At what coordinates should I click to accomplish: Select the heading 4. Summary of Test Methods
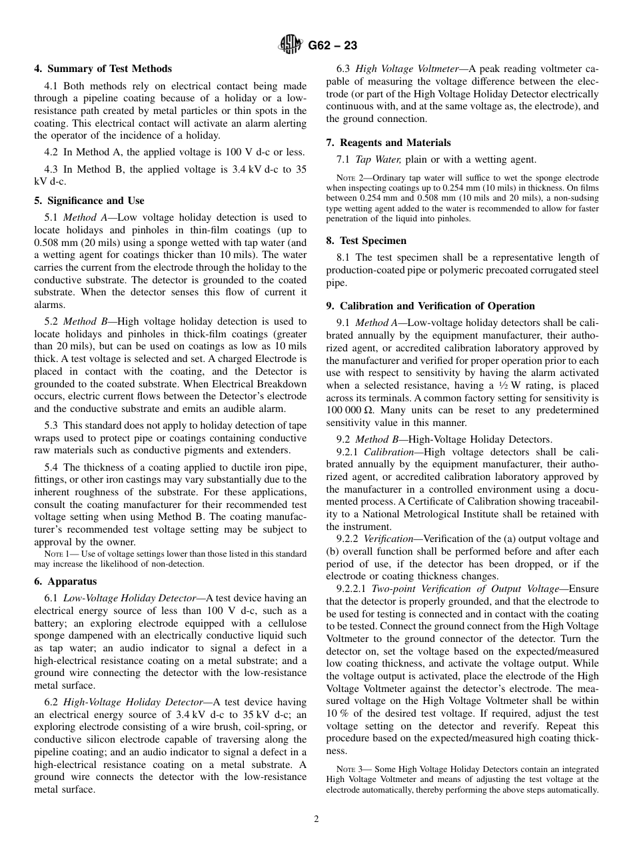[x=103, y=69]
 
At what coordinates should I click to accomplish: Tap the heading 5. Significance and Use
[x=89, y=201]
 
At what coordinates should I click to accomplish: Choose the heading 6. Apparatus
[x=65, y=581]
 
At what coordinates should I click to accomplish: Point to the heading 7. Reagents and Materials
[x=388, y=143]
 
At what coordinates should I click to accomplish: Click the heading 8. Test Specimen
[x=366, y=241]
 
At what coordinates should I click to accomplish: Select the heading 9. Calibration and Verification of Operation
[x=430, y=306]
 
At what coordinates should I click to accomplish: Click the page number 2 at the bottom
[x=316, y=819]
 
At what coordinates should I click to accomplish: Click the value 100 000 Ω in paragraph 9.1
[x=348, y=410]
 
